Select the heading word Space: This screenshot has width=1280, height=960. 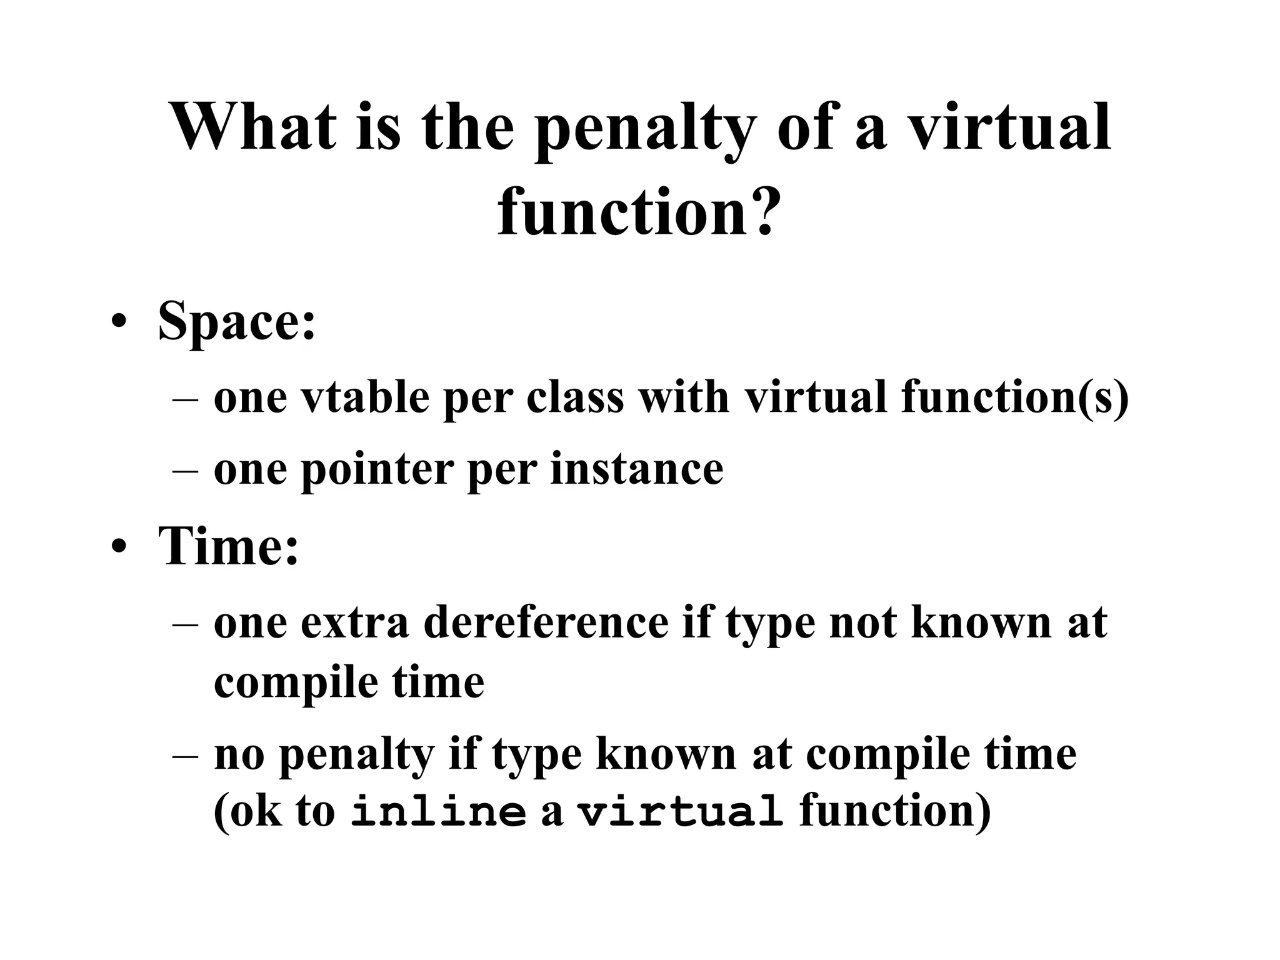(x=237, y=321)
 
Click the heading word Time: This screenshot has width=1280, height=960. (x=229, y=546)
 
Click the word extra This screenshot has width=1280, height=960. (x=354, y=624)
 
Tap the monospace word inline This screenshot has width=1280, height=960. (x=438, y=812)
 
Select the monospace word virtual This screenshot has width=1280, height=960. (x=679, y=812)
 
